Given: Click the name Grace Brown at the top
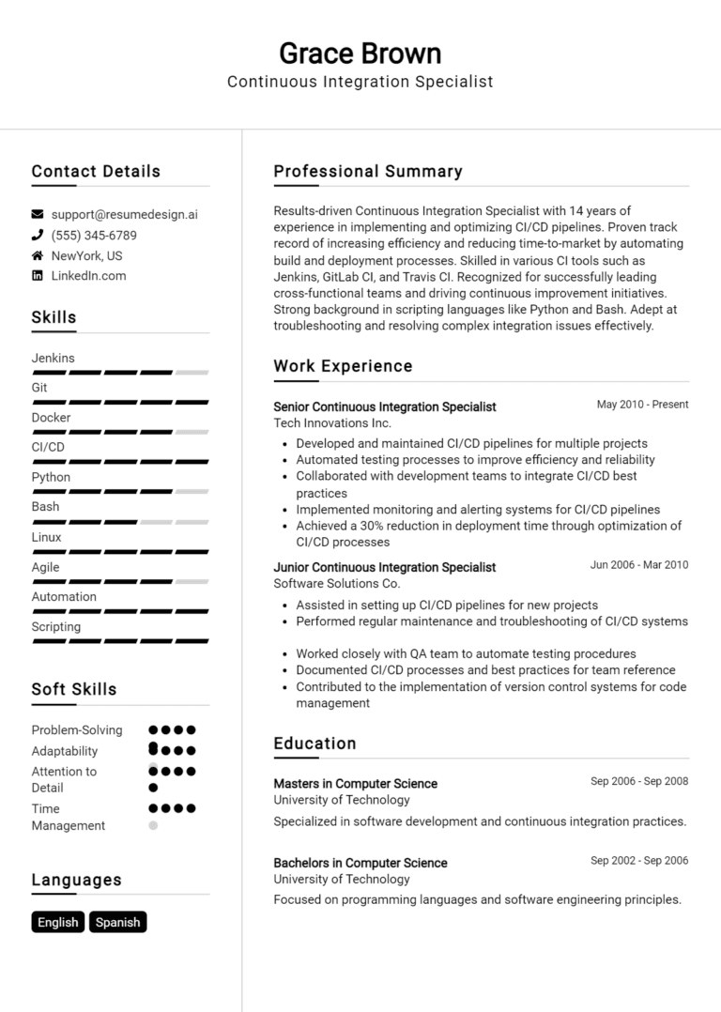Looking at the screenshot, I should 360,53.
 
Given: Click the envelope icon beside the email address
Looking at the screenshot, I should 38,214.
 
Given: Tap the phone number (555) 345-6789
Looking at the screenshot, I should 94,236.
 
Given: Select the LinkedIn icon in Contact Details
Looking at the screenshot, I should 38,276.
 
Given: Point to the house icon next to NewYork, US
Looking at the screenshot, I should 38,255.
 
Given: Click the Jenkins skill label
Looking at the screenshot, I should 53,358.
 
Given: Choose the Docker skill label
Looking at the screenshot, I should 51,418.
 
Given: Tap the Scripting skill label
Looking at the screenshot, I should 56,627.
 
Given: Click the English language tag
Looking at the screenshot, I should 58,922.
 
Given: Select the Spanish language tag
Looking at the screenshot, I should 118,922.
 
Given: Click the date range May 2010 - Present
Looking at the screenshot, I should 642,405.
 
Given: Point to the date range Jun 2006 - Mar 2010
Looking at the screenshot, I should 639,565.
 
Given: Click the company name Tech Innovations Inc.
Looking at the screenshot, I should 319,423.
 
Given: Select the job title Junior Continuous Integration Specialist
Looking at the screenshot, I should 384,567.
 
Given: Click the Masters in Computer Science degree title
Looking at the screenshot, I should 355,784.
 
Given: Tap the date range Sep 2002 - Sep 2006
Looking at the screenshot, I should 639,861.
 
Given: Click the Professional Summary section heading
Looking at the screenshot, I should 368,172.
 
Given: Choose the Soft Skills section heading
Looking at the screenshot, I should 74,689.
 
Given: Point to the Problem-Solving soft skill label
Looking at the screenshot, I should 77,730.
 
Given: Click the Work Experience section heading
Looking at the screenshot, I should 343,366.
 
